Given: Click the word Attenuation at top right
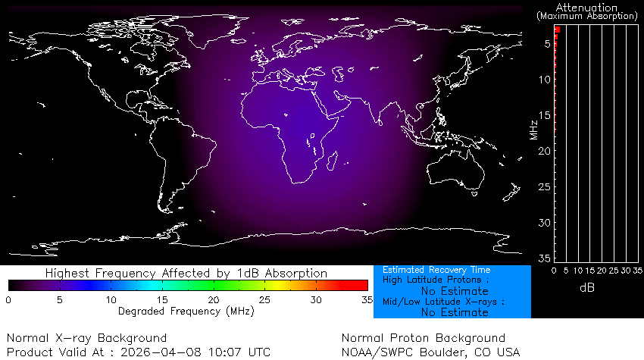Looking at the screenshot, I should click(x=587, y=7).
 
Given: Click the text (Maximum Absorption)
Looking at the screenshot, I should click(x=587, y=15).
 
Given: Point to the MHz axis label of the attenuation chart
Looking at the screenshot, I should click(x=534, y=129).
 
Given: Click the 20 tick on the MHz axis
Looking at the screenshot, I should click(x=546, y=152).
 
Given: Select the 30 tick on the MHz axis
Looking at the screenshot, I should click(x=546, y=223).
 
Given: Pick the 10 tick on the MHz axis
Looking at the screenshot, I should click(x=546, y=80).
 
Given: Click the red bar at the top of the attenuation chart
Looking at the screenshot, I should click(x=557, y=30).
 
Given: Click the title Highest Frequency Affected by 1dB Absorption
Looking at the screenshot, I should click(x=186, y=273).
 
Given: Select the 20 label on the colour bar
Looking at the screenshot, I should click(x=214, y=301).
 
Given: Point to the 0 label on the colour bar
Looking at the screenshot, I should click(x=9, y=301).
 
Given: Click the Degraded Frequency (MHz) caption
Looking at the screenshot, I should click(x=186, y=311).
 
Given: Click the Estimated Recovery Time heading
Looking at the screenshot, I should click(x=436, y=270).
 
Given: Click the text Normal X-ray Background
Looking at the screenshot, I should click(x=86, y=338).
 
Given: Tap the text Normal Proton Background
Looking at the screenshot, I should click(x=424, y=338).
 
